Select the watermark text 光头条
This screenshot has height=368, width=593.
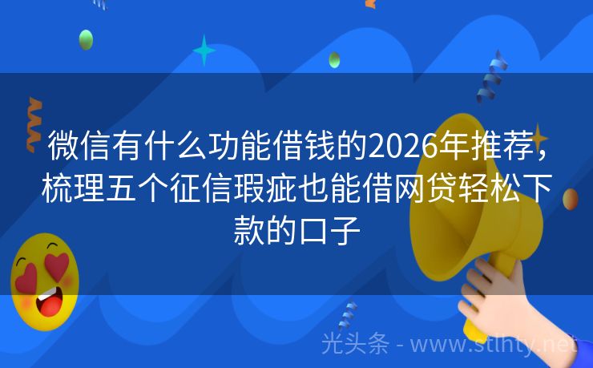[355, 343]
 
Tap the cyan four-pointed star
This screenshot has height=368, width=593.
[204, 51]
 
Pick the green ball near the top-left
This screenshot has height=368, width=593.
[86, 39]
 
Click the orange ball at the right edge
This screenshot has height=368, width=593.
[571, 199]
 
